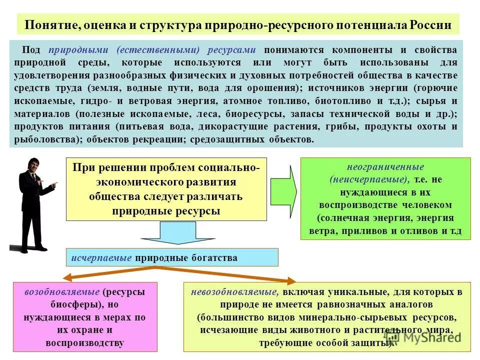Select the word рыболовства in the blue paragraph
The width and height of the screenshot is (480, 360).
click(45, 139)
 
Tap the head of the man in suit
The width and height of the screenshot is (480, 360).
click(32, 167)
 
